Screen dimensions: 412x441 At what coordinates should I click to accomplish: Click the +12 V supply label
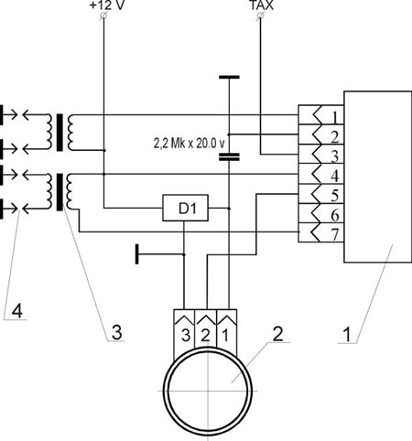[x=107, y=5]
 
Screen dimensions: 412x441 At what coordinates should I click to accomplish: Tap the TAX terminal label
[x=262, y=5]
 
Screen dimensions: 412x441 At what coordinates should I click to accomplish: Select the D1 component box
[x=185, y=208]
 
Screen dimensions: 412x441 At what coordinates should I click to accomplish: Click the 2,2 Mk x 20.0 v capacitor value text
[x=189, y=144]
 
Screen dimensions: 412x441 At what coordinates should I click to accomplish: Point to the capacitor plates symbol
[x=229, y=157]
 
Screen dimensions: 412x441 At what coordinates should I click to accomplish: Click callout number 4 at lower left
[x=17, y=311]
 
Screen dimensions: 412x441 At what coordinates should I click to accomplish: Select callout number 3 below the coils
[x=117, y=332]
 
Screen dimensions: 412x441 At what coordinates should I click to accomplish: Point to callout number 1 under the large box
[x=347, y=335]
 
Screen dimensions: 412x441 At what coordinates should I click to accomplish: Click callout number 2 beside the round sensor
[x=277, y=333]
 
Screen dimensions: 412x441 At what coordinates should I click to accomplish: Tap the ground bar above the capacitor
[x=229, y=78]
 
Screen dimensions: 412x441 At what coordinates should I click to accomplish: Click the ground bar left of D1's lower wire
[x=137, y=253]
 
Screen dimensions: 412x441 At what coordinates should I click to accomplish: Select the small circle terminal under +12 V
[x=103, y=16]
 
